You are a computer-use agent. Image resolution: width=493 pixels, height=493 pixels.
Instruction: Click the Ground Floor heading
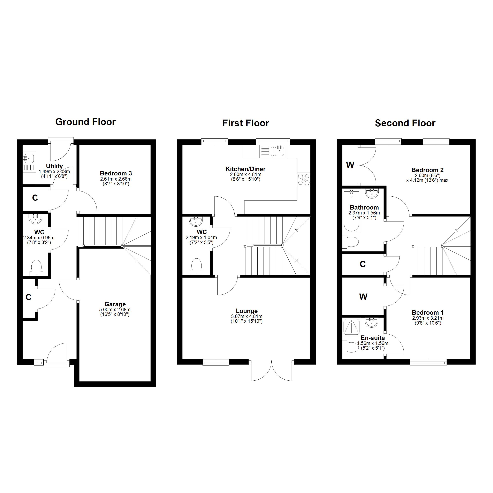coord(85,122)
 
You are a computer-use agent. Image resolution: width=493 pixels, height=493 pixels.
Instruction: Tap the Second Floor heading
coord(405,123)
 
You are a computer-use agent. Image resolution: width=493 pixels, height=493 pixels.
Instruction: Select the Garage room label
coord(115,304)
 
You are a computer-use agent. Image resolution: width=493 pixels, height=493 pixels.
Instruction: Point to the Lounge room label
coord(247,311)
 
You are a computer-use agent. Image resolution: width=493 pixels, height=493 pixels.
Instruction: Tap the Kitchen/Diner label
coord(245,169)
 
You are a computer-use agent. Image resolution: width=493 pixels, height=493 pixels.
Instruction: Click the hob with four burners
coord(304,179)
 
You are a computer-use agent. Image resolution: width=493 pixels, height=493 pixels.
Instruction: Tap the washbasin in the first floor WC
coord(196,221)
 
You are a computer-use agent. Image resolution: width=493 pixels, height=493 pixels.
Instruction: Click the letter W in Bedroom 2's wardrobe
coord(350,165)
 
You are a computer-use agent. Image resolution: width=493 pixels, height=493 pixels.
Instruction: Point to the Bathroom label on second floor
coord(364,207)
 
